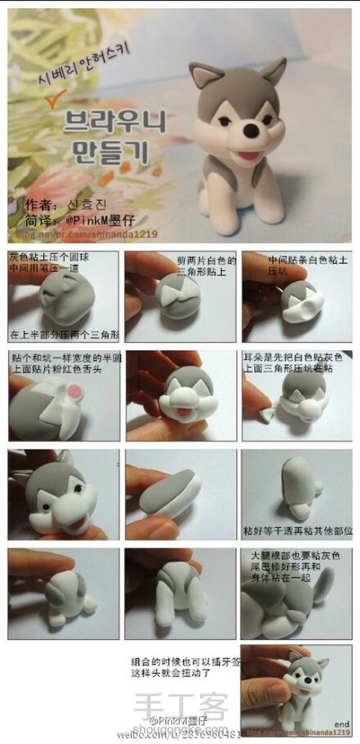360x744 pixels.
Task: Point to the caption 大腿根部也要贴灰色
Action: pyautogui.click(x=294, y=557)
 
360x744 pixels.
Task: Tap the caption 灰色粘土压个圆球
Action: pyautogui.click(x=43, y=258)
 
